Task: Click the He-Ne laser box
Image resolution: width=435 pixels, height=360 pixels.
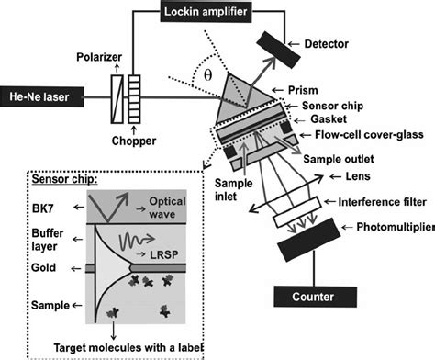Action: point(41,97)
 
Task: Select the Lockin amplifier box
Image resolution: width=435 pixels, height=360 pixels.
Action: point(206,12)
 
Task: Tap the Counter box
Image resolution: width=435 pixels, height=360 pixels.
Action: point(315,297)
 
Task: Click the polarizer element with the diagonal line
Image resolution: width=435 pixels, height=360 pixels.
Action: point(117,99)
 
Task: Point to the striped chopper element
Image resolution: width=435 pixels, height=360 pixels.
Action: point(134,99)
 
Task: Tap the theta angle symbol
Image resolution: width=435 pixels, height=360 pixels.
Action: point(207,75)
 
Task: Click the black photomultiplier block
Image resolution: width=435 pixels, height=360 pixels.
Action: point(309,240)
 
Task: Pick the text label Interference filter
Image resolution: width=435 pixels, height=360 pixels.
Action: point(383,202)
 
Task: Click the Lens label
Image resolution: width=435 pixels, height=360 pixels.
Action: point(358,176)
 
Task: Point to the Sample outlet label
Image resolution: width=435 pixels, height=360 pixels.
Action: point(339,159)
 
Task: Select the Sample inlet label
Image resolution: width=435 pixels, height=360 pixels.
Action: point(234,189)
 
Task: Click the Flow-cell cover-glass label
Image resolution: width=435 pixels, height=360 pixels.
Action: point(369,135)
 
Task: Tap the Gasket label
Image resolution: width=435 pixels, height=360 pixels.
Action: point(329,119)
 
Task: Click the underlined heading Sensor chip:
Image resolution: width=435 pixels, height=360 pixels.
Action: point(65,179)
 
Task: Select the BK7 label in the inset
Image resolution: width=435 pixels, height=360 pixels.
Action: point(43,208)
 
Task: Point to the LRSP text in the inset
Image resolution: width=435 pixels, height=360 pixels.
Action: point(164,254)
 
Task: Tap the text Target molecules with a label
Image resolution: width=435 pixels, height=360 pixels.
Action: point(128,348)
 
